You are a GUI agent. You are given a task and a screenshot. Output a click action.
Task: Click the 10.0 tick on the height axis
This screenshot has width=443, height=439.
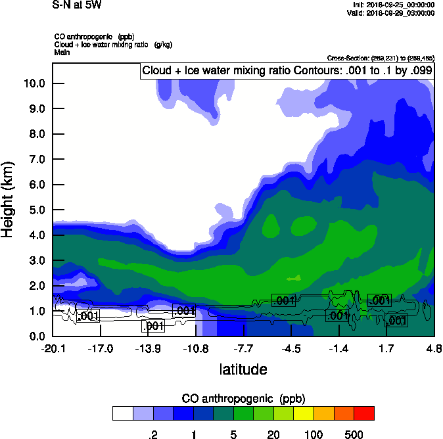[x=34, y=83]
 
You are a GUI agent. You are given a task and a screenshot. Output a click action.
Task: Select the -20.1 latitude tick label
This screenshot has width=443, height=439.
[x=53, y=348]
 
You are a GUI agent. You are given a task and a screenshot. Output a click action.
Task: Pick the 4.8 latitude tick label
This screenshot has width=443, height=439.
[x=433, y=348]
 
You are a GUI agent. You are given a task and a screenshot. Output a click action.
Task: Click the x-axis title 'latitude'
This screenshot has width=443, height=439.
[x=243, y=369]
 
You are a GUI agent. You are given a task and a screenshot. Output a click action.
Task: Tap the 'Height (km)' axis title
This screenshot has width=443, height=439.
[x=9, y=200]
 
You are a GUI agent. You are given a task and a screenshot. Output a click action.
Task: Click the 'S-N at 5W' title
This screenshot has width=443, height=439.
[x=77, y=5]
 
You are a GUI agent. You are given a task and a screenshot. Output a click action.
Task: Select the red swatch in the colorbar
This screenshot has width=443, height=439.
[x=364, y=413]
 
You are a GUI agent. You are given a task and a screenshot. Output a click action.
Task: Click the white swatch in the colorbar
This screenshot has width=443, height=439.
[x=123, y=413]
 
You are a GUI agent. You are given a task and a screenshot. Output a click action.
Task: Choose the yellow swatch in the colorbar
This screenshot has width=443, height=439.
[x=304, y=413]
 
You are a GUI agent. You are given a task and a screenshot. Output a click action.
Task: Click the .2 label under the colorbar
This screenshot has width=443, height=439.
[x=153, y=434]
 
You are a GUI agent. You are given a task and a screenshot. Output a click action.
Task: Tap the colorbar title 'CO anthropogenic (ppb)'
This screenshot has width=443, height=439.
[x=243, y=399]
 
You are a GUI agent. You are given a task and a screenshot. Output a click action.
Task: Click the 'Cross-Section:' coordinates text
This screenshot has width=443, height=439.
[x=380, y=58]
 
